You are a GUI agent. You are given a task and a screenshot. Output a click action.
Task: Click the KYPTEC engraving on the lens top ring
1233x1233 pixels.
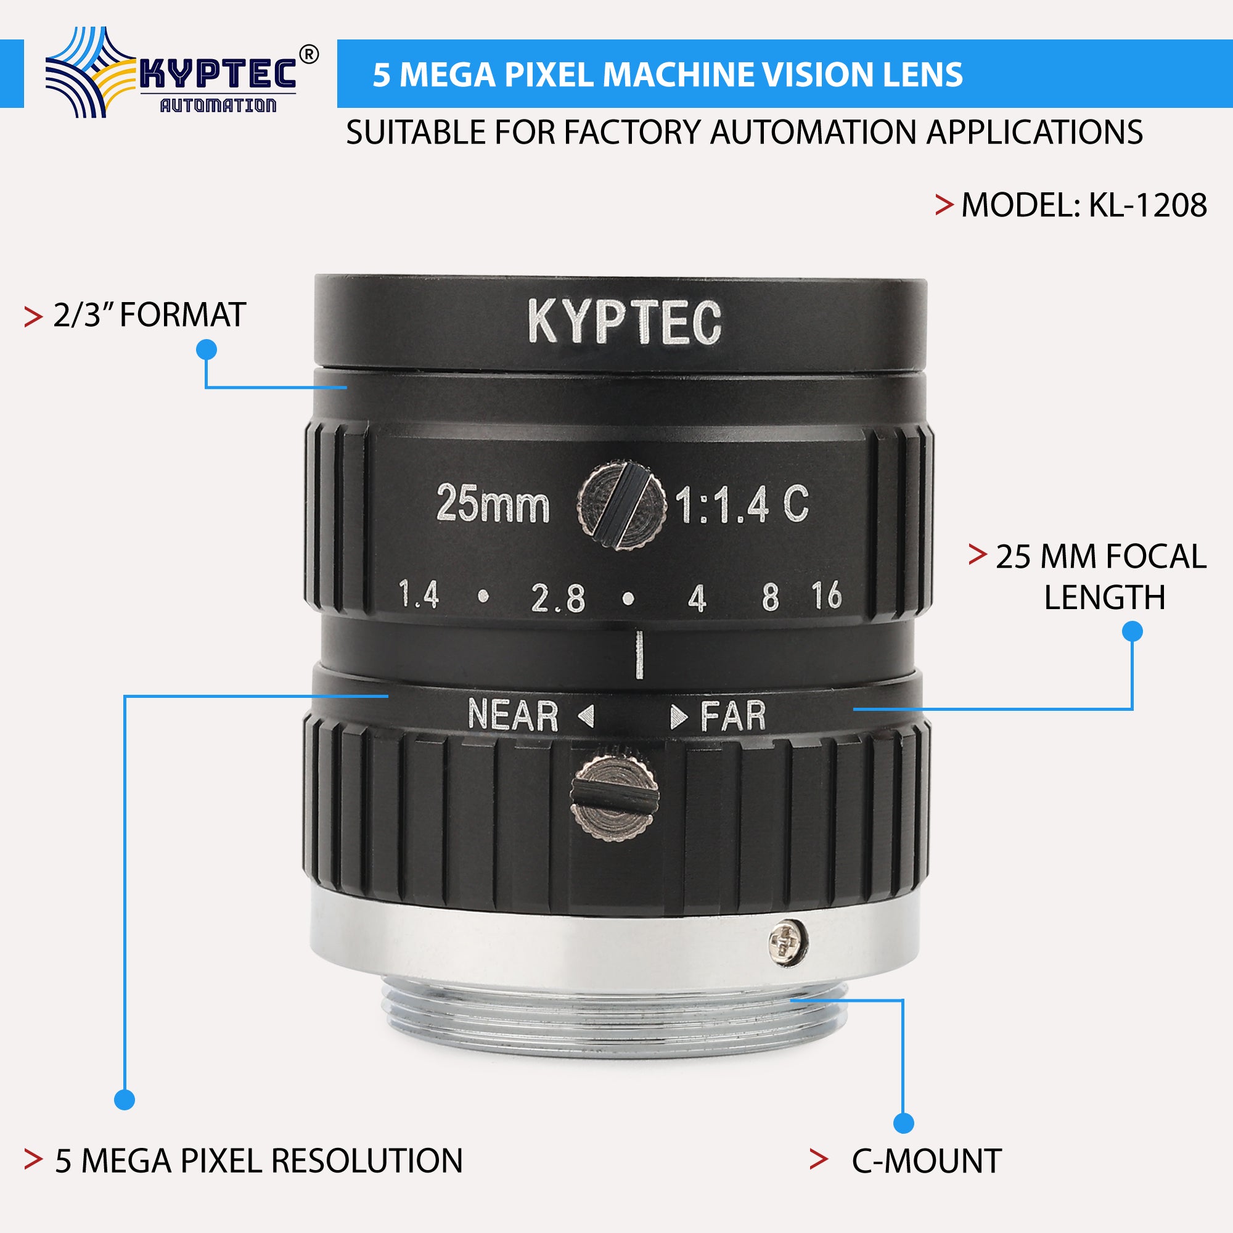tap(624, 322)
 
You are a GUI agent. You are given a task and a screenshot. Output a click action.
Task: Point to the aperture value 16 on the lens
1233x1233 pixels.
tap(827, 596)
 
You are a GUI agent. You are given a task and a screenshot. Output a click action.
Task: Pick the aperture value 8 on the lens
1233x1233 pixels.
tap(770, 597)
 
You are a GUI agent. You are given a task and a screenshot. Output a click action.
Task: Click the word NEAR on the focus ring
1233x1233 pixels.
tap(512, 715)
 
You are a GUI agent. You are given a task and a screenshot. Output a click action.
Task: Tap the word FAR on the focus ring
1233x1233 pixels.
tap(733, 716)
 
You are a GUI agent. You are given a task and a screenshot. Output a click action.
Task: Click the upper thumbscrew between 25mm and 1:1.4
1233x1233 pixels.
tap(621, 505)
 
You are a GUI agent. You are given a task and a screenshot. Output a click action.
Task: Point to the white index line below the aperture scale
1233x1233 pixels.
tap(639, 654)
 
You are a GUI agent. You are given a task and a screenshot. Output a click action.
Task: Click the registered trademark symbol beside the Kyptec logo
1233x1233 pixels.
tap(309, 55)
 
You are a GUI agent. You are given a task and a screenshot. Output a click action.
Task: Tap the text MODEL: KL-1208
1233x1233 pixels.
tap(1083, 205)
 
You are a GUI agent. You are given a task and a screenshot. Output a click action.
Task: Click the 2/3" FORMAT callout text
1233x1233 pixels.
tap(149, 315)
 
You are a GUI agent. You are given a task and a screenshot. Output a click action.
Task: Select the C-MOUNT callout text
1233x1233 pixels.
tap(926, 1161)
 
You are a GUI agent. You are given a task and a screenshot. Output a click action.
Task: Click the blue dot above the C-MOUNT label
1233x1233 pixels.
tap(904, 1123)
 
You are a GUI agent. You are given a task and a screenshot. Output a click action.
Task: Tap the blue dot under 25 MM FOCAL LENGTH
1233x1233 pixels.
tap(1132, 631)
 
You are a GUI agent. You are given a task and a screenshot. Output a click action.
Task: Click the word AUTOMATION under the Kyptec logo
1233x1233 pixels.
tap(218, 105)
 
